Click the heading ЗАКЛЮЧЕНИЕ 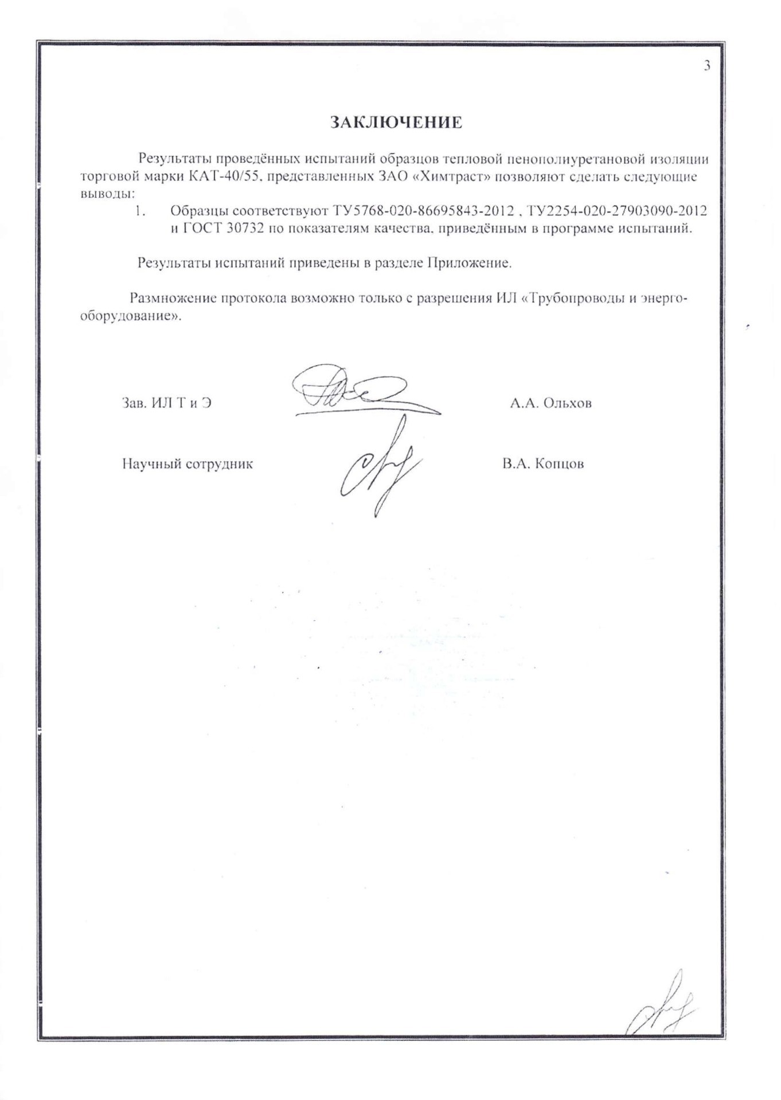tap(396, 123)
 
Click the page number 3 tap(707, 66)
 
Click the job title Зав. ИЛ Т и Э tap(167, 403)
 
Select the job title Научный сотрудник tap(188, 464)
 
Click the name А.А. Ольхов tap(550, 403)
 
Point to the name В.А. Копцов tap(543, 464)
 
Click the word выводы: tap(107, 194)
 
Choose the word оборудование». tap(131, 316)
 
